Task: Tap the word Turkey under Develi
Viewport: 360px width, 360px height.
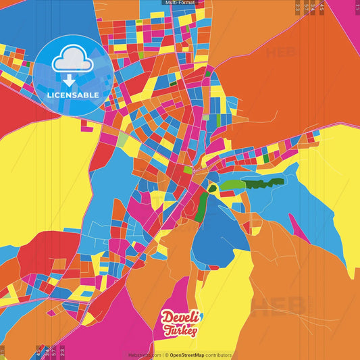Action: pyautogui.click(x=180, y=331)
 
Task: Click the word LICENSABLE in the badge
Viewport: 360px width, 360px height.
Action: pyautogui.click(x=72, y=95)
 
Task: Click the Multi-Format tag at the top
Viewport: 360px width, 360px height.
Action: pyautogui.click(x=180, y=3)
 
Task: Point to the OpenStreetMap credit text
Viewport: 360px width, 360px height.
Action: pyautogui.click(x=200, y=355)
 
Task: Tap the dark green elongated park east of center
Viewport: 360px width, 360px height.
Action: pyautogui.click(x=264, y=182)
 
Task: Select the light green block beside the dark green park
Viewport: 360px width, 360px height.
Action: pyautogui.click(x=233, y=185)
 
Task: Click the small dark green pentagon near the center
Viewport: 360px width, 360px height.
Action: pyautogui.click(x=213, y=188)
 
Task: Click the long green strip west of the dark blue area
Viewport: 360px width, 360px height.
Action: pyautogui.click(x=201, y=206)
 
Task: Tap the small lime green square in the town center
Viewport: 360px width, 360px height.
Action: pyautogui.click(x=187, y=170)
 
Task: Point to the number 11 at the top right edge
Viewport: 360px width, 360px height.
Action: pyautogui.click(x=357, y=6)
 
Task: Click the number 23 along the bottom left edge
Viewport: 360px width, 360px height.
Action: pyautogui.click(x=62, y=352)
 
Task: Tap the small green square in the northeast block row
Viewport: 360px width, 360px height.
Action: pyautogui.click(x=265, y=157)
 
